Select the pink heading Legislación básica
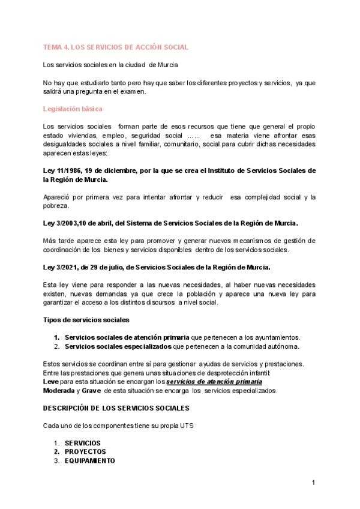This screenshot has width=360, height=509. click(73, 109)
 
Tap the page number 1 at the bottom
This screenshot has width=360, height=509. click(313, 483)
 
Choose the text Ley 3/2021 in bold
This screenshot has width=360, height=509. click(62, 267)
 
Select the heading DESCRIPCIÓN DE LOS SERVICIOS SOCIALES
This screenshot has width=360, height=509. click(116, 408)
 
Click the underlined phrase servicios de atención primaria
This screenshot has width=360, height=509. click(214, 382)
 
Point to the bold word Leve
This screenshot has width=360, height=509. click(51, 382)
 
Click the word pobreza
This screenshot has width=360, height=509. click(57, 206)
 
